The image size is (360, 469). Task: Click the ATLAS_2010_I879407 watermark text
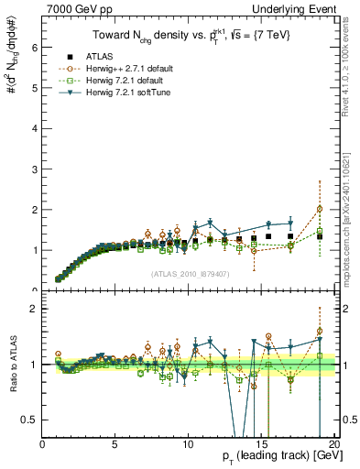click(x=189, y=272)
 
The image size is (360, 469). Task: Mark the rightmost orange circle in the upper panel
click(x=320, y=209)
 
